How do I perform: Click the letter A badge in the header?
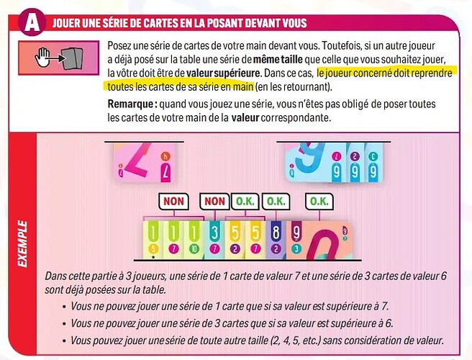(32, 22)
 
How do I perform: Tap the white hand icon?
(42, 57)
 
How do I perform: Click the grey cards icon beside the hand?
(72, 58)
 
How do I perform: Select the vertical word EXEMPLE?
(22, 243)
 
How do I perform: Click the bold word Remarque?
(130, 104)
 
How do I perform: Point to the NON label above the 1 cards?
(173, 201)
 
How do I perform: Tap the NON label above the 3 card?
(214, 201)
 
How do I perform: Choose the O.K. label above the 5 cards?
(245, 201)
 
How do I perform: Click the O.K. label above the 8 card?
(276, 201)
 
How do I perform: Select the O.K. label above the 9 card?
(319, 201)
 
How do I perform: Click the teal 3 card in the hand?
(214, 240)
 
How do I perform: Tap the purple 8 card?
(276, 240)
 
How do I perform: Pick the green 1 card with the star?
(153, 240)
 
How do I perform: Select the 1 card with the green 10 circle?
(194, 240)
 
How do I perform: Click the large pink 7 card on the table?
(145, 163)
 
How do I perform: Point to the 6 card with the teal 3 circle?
(373, 162)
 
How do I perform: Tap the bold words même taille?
(278, 59)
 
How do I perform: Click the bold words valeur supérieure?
(223, 73)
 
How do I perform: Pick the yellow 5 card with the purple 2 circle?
(235, 240)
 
